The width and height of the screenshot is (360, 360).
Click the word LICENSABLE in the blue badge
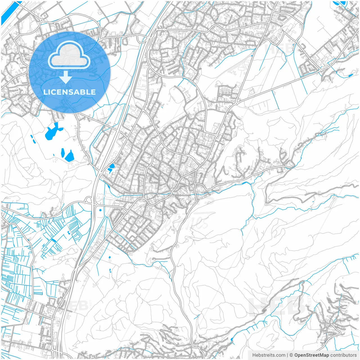[69, 92]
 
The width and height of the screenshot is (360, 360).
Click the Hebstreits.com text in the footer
[269, 355]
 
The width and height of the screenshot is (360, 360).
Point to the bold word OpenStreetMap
[312, 355]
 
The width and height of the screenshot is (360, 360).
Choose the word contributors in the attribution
[343, 355]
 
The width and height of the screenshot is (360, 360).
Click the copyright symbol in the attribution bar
[291, 355]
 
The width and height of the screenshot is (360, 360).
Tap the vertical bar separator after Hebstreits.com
[287, 355]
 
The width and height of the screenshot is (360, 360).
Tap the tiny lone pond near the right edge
[350, 75]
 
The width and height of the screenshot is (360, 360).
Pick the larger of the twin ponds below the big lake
[69, 156]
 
